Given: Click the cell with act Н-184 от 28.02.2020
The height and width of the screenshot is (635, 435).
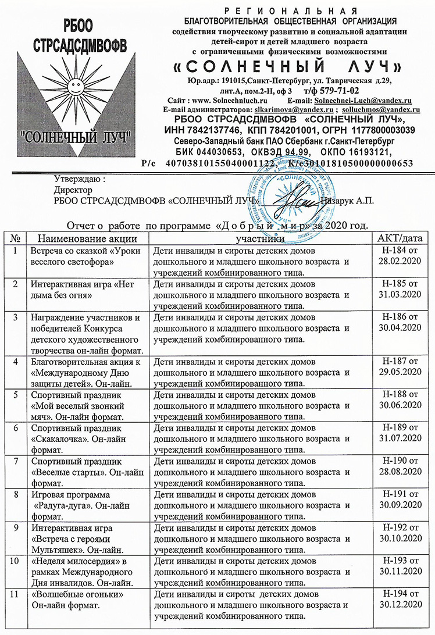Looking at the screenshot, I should [400, 256].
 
